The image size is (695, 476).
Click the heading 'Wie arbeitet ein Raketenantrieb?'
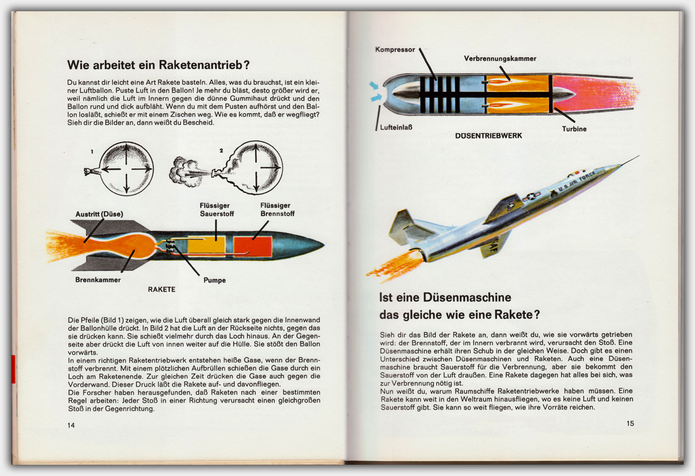pyautogui.click(x=158, y=64)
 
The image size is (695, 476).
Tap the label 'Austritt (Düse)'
pyautogui.click(x=99, y=214)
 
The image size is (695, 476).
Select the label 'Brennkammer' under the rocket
pyautogui.click(x=98, y=279)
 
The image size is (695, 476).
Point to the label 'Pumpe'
pyautogui.click(x=215, y=280)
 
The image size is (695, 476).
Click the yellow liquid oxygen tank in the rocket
pyautogui.click(x=207, y=246)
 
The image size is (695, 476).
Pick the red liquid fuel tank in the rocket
pyautogui.click(x=253, y=246)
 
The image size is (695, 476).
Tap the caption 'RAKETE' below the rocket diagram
pyautogui.click(x=161, y=289)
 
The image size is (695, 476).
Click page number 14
pyautogui.click(x=71, y=425)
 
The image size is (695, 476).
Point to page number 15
pyautogui.click(x=631, y=423)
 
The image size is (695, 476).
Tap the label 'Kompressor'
pyautogui.click(x=395, y=49)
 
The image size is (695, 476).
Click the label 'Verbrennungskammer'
pyautogui.click(x=500, y=58)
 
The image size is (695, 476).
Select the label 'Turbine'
pyautogui.click(x=574, y=129)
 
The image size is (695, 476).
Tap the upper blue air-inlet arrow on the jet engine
pyautogui.click(x=374, y=85)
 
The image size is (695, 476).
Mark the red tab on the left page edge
pyautogui.click(x=13, y=369)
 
